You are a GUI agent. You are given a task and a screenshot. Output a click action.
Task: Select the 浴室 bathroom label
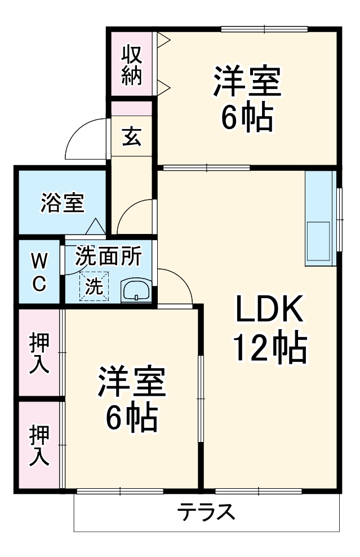(x=62, y=203)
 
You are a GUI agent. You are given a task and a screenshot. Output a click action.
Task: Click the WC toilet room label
(x=38, y=272)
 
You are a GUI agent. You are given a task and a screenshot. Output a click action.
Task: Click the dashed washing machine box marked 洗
(x=94, y=286)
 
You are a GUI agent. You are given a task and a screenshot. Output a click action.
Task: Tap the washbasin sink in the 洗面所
(x=136, y=291)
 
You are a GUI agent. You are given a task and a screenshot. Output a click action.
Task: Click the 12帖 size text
(x=270, y=348)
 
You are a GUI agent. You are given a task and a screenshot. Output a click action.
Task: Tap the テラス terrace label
(x=206, y=512)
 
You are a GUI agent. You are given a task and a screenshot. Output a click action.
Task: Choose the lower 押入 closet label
(x=39, y=445)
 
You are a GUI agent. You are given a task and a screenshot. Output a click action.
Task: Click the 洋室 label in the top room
(x=247, y=82)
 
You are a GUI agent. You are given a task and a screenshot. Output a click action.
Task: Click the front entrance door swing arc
(x=85, y=138)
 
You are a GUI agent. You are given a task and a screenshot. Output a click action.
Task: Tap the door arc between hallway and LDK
(x=177, y=285)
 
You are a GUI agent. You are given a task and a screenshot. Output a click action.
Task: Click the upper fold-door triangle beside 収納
(x=163, y=39)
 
